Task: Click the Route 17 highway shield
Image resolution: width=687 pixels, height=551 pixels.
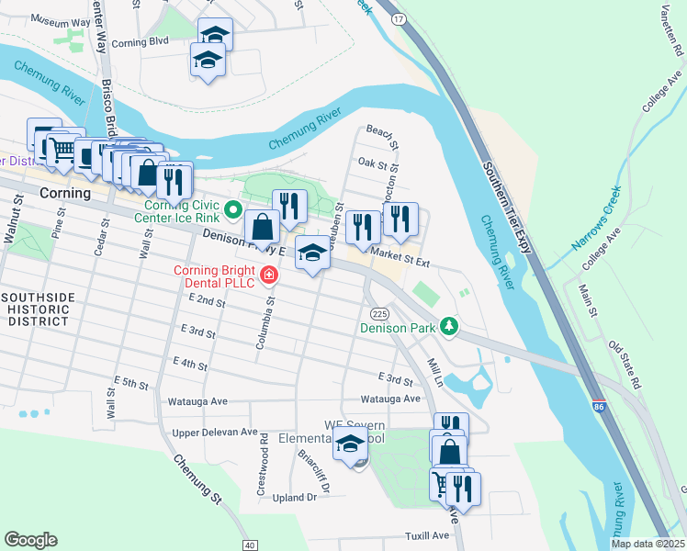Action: click(397, 17)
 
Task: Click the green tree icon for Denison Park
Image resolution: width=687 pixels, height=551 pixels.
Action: click(448, 326)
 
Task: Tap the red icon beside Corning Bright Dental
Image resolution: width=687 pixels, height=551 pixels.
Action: click(268, 274)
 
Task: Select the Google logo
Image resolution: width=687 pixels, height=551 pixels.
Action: click(31, 540)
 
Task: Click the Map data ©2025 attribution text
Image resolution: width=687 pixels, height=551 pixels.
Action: click(648, 544)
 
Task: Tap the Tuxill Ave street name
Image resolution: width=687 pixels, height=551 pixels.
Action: click(427, 535)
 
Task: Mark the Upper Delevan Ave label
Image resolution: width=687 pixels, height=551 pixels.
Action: click(208, 432)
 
